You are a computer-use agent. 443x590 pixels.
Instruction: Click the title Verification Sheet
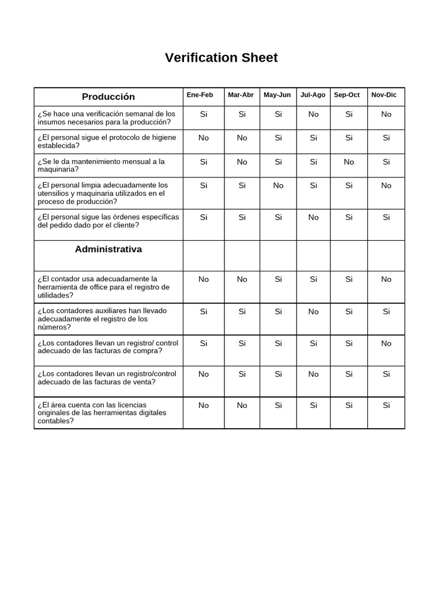(x=221, y=58)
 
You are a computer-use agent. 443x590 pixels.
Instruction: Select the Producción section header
(x=108, y=97)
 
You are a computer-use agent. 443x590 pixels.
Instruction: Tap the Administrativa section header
(x=108, y=249)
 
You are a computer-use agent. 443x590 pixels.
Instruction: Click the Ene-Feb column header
(x=200, y=95)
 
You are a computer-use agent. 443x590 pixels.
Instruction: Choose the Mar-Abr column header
(x=241, y=95)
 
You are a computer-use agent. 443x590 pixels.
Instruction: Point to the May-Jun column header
(x=277, y=95)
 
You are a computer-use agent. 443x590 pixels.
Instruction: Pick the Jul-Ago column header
(x=313, y=95)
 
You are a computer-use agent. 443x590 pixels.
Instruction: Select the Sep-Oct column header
(x=347, y=95)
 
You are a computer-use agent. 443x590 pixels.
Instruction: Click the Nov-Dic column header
(x=384, y=95)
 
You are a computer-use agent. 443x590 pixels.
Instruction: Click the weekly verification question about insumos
(x=107, y=118)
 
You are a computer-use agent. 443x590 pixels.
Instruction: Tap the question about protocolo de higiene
(x=107, y=142)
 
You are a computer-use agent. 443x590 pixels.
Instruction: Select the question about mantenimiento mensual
(x=102, y=165)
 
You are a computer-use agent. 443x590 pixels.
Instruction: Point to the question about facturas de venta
(x=107, y=377)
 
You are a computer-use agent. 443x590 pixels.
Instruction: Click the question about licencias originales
(x=102, y=413)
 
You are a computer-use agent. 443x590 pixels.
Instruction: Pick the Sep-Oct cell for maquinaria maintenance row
(x=349, y=162)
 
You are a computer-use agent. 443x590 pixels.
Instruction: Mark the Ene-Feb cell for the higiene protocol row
(x=204, y=138)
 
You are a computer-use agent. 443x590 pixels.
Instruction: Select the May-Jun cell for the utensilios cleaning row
(x=278, y=186)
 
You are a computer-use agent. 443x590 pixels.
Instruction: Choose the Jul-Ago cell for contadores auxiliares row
(x=313, y=312)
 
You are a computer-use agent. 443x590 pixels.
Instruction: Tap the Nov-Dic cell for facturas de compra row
(x=386, y=343)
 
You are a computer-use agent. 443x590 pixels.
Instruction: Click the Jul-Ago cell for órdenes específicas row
(x=313, y=217)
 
